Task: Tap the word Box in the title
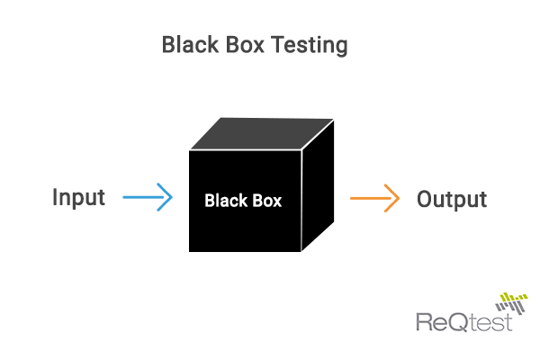point(238,44)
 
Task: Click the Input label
point(78,197)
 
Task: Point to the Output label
point(452,199)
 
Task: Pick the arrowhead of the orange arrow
point(393,198)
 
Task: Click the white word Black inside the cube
point(225,201)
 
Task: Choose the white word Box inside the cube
point(266,201)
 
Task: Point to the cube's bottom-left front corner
point(190,251)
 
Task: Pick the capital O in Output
point(427,198)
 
